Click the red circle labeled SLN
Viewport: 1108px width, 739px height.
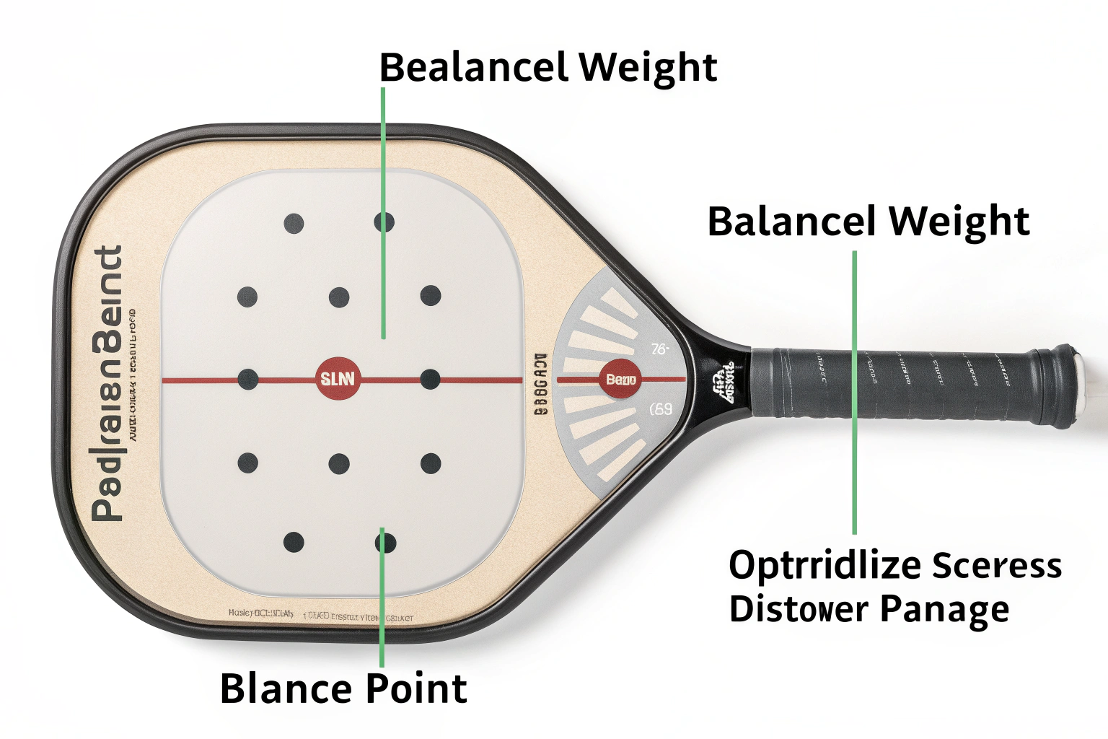tap(338, 378)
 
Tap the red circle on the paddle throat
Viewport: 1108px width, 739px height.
tap(620, 379)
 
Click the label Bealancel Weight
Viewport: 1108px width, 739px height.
tap(548, 67)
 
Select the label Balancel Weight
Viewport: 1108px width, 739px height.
tap(868, 221)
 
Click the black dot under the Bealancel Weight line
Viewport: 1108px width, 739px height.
tap(384, 222)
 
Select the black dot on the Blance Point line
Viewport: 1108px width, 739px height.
tap(385, 541)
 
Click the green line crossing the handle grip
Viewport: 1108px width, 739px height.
tap(855, 390)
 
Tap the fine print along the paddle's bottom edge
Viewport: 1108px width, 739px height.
tap(321, 615)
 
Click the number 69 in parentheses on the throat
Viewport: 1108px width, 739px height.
tap(661, 409)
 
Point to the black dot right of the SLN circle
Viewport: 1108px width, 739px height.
tap(430, 379)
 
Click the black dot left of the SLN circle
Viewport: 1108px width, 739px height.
tap(247, 379)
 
